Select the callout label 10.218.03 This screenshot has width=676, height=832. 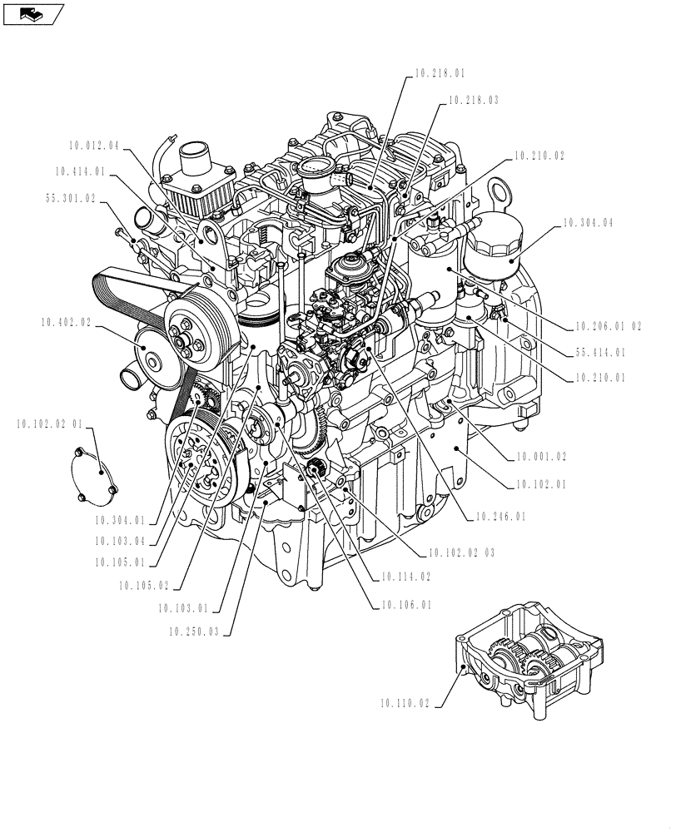pyautogui.click(x=473, y=100)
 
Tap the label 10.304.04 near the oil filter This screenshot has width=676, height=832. pyautogui.click(x=589, y=223)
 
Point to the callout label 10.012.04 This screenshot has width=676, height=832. pyautogui.click(x=94, y=146)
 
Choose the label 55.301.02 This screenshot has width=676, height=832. pyautogui.click(x=70, y=199)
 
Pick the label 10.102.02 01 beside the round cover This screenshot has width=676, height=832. pyautogui.click(x=49, y=424)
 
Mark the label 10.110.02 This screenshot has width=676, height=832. pyautogui.click(x=405, y=704)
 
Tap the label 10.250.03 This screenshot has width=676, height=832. pyautogui.click(x=192, y=632)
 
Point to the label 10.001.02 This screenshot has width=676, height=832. pyautogui.click(x=541, y=457)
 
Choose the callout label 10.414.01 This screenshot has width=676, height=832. pyautogui.click(x=80, y=172)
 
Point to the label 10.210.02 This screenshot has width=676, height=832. pyautogui.click(x=539, y=156)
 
